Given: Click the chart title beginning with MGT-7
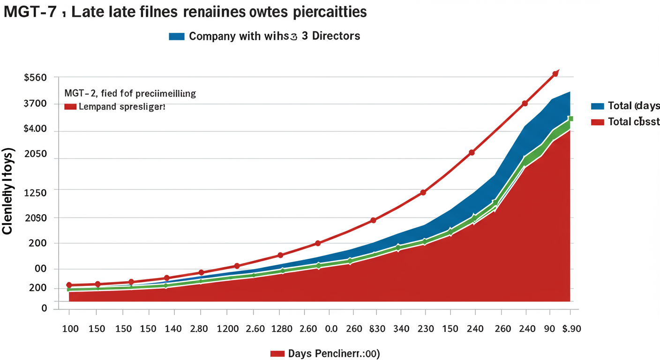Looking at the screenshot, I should (x=185, y=12).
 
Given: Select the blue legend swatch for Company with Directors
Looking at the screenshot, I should (x=177, y=36).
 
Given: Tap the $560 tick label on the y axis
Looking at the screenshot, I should (x=35, y=77).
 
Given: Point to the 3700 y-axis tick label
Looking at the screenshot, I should (x=35, y=104).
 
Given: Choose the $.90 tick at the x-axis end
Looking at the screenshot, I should (x=570, y=329).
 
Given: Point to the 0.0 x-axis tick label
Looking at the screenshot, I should (x=331, y=329).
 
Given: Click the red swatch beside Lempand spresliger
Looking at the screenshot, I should (x=70, y=107).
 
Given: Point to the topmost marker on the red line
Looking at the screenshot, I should (x=555, y=74).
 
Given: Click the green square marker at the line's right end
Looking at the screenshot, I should (x=570, y=119).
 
